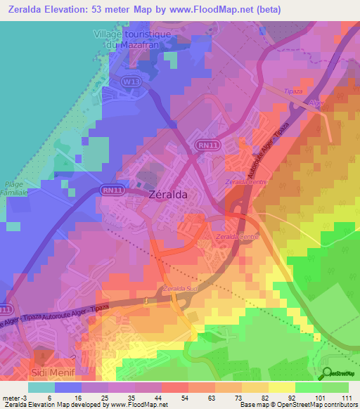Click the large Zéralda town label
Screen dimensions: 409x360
[x=168, y=196]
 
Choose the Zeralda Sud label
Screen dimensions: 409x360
[x=178, y=289]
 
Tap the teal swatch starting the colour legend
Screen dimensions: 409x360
[x=41, y=387]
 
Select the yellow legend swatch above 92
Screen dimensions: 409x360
[x=282, y=387]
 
